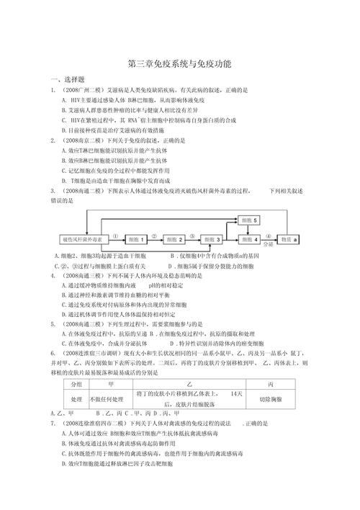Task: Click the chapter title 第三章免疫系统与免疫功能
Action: click(x=179, y=64)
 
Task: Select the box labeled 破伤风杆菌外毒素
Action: click(x=81, y=238)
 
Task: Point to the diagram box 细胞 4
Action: click(x=251, y=238)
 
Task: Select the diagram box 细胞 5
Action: click(x=249, y=219)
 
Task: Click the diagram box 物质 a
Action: click(x=291, y=238)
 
